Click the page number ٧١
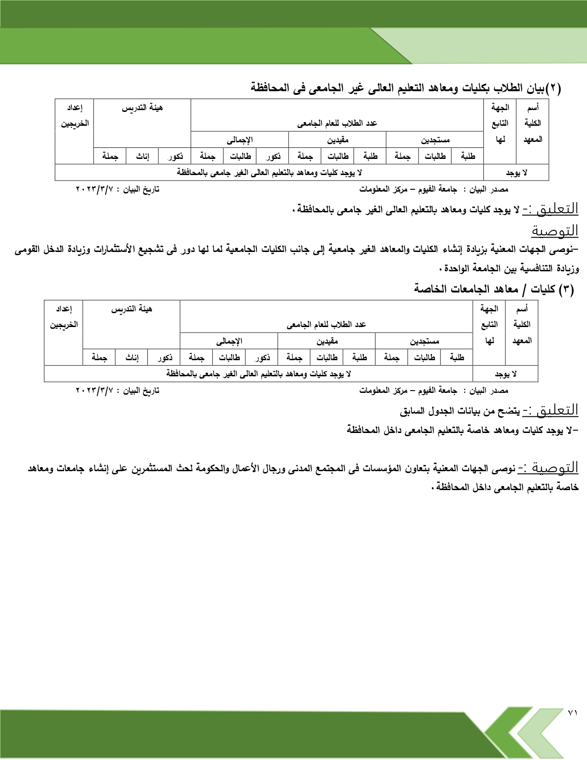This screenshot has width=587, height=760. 572,725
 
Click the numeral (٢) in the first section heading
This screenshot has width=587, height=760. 553,88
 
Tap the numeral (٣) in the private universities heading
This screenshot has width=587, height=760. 566,289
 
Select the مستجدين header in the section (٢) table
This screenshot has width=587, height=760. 435,140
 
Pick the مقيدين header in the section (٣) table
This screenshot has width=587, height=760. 327,341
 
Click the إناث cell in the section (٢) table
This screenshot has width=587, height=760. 143,157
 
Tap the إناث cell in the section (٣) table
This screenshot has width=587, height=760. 132,357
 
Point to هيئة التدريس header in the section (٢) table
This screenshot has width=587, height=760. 142,108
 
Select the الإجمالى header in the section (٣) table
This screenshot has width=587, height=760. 229,341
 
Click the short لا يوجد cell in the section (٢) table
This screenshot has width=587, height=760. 517,173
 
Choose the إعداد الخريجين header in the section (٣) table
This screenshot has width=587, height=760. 64,317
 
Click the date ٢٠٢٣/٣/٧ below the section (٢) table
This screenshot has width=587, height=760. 94,189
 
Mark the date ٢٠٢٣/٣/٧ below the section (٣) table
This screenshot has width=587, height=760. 94,391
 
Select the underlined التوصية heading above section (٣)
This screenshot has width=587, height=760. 555,230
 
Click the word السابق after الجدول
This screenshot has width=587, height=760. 411,411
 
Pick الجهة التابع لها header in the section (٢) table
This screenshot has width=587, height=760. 500,123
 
